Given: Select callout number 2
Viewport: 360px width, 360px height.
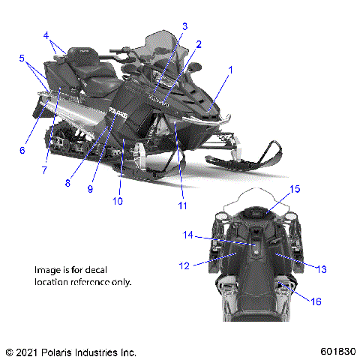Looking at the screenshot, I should [x=199, y=44].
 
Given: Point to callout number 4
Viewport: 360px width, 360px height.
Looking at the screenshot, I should [x=46, y=35].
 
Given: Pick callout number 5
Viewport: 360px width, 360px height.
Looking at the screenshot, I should [x=22, y=58].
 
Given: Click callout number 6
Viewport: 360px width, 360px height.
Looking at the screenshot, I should [x=22, y=150].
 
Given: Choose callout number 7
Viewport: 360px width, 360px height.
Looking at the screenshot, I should [x=44, y=170].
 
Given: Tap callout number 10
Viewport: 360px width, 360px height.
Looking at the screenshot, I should [x=117, y=200].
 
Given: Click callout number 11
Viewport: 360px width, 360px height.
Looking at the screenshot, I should [x=182, y=205].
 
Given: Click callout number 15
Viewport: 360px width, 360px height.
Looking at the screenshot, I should [x=295, y=189].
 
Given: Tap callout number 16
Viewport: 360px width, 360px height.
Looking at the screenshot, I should [x=316, y=301].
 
